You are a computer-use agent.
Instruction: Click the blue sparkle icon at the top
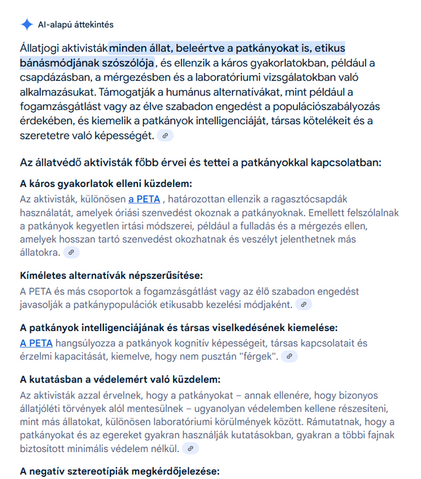tap(26, 24)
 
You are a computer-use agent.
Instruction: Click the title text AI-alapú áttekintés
tap(76, 24)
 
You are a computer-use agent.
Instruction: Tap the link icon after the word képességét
tap(166, 136)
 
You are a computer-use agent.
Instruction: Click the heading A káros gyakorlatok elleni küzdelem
tap(110, 184)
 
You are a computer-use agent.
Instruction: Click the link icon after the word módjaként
tap(303, 305)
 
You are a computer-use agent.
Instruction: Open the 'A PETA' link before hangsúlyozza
tap(36, 343)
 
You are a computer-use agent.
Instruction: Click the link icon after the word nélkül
tap(191, 449)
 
